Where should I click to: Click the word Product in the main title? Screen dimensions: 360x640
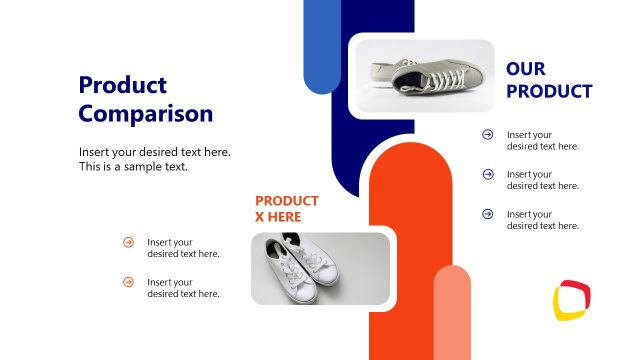tap(123, 85)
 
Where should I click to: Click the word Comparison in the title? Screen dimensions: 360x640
tap(146, 113)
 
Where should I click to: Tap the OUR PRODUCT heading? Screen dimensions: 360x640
tap(549, 80)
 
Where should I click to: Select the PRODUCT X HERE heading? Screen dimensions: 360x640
tap(287, 208)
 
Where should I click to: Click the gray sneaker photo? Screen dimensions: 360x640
tap(421, 76)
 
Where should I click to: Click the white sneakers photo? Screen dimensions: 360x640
tap(319, 268)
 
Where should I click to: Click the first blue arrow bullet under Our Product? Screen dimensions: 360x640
tap(488, 134)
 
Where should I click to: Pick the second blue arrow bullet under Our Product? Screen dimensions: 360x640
tap(488, 174)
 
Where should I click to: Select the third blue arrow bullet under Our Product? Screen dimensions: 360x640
tap(488, 214)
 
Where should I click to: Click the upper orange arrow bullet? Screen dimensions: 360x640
tap(128, 242)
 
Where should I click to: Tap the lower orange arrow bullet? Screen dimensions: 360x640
tap(128, 282)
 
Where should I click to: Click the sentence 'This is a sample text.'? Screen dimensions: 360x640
tap(134, 167)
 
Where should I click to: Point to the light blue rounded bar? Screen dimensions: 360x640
tap(322, 46)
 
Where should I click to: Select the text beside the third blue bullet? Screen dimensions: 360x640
tap(543, 220)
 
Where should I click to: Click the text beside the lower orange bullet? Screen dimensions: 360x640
tap(183, 288)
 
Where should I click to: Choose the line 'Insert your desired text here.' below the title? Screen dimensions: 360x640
tap(155, 152)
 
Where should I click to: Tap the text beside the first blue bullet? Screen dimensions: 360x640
tap(543, 140)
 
